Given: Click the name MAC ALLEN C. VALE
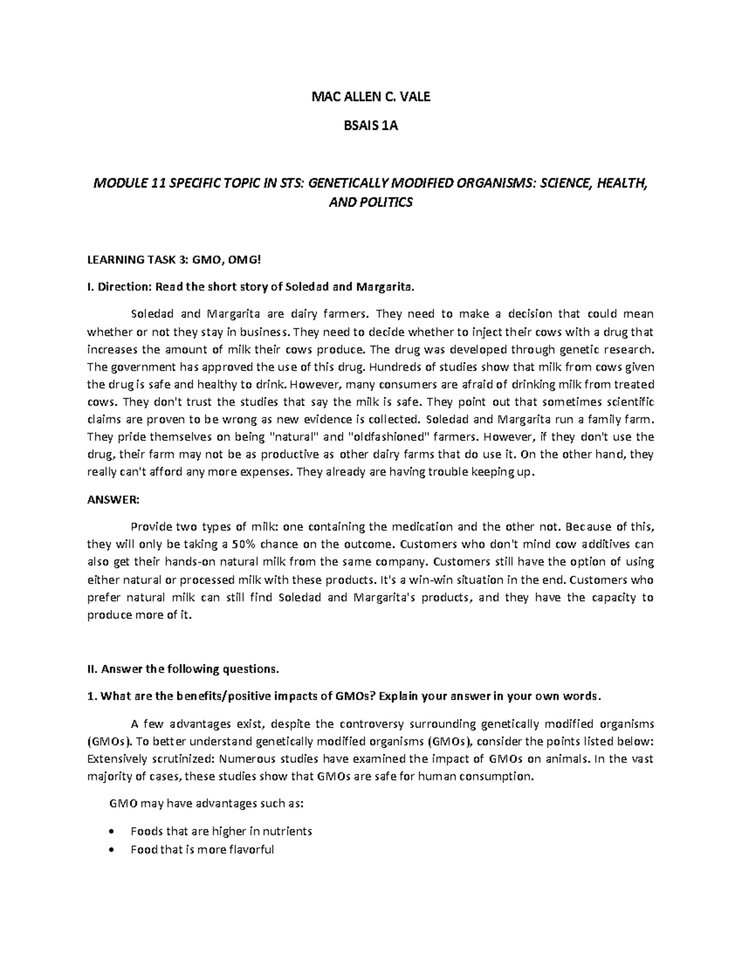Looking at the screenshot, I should point(370,96).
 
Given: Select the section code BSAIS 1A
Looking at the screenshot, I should point(370,127).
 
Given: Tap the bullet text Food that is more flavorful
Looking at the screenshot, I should point(202,849).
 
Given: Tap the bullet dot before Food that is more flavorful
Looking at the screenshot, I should point(111,850).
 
